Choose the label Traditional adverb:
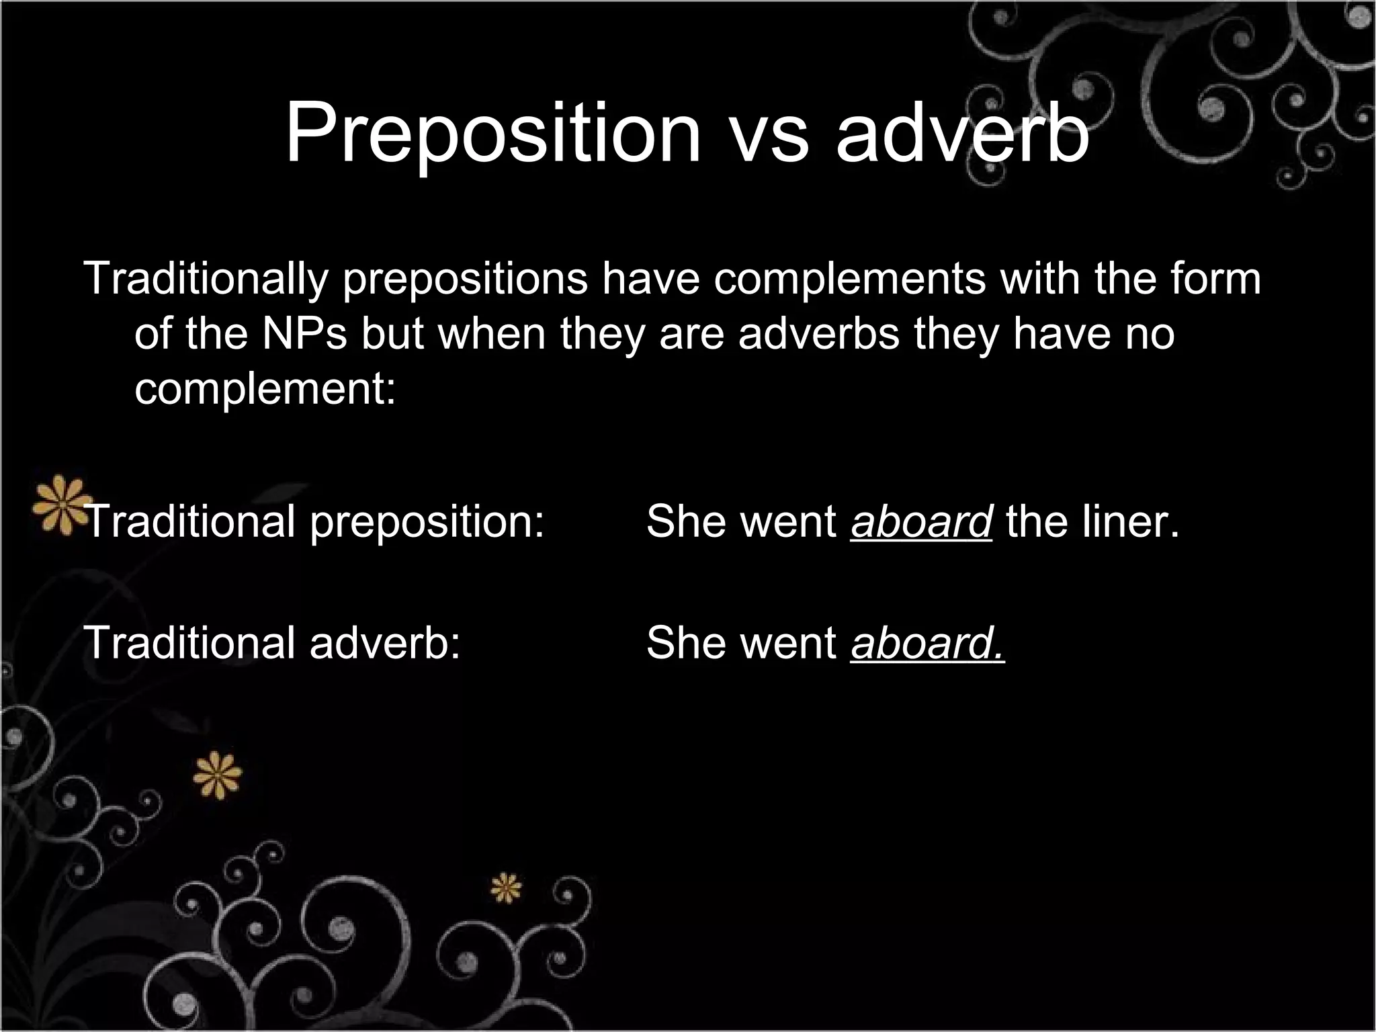point(272,642)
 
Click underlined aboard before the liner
point(921,521)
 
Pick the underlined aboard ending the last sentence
point(927,642)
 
